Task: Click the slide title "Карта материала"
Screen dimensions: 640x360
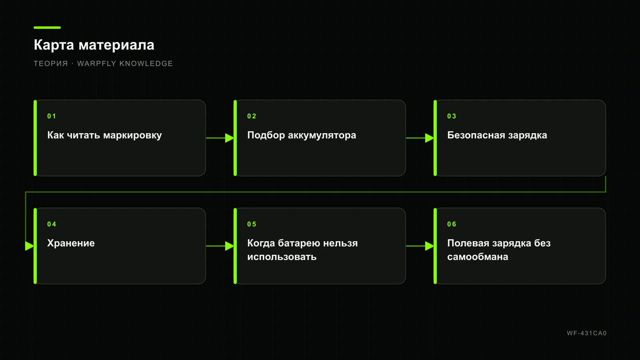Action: tap(94, 45)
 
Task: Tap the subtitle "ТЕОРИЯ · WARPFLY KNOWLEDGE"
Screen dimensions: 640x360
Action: tap(103, 64)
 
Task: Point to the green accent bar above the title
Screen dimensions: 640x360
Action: tap(47, 28)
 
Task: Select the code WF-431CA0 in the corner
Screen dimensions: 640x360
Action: tap(586, 333)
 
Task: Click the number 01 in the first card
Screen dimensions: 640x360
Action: tap(52, 116)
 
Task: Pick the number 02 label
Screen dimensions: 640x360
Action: tap(252, 116)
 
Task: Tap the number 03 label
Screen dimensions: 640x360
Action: tap(452, 116)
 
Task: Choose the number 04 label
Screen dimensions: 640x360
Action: tap(52, 224)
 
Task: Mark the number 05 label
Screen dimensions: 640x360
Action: tap(252, 224)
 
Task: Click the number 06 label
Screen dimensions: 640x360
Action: tap(452, 224)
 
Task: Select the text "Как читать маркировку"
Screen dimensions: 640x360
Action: tap(104, 136)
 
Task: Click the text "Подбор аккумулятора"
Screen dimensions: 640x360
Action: tap(302, 136)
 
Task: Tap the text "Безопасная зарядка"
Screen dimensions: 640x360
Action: tap(497, 136)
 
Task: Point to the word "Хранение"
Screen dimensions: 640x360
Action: tap(71, 243)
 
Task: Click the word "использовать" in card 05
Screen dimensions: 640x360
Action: tap(282, 257)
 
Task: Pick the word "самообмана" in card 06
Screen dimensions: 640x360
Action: tap(478, 257)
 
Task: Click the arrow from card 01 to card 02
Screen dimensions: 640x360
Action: tap(220, 138)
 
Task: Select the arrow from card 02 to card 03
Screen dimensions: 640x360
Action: tap(420, 138)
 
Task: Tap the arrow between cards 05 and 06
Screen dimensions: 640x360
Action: tap(420, 246)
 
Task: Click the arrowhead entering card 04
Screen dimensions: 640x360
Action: tap(30, 246)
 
